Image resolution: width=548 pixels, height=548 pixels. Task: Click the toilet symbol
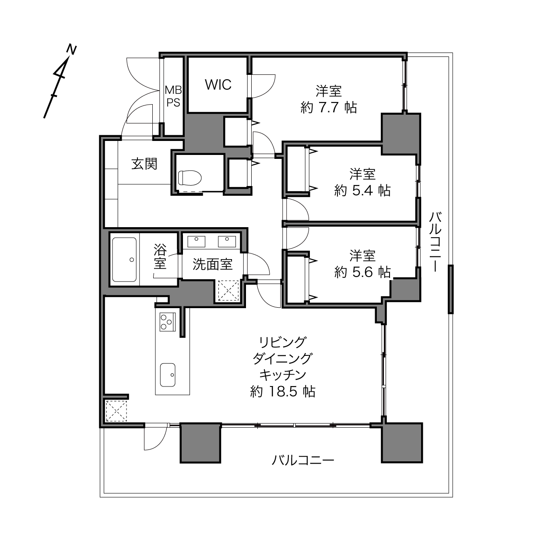tap(190, 178)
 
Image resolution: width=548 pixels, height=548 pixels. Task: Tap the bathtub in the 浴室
tap(124, 260)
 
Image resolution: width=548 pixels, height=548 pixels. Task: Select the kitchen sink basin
tap(168, 375)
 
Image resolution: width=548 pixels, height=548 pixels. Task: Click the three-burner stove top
tap(168, 322)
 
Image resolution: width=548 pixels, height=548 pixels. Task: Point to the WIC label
tap(218, 84)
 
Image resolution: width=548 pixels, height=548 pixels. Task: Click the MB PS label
tap(173, 96)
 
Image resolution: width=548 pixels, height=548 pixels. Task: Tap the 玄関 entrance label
tap(144, 164)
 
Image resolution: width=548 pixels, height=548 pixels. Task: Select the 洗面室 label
tap(213, 264)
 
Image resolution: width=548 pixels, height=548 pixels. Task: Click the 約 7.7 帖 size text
tap(328, 108)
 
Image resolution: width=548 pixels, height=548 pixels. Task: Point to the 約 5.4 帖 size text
tap(362, 190)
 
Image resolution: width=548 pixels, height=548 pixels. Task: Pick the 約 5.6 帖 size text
tap(362, 272)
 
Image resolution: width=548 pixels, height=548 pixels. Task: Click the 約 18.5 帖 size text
tap(283, 392)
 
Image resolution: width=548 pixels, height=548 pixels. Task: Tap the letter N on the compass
tap(71, 49)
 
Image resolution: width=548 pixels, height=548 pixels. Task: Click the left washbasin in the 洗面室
tap(196, 241)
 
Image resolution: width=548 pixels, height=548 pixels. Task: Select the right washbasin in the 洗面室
tap(227, 241)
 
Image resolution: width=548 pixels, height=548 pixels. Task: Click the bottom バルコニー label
tap(302, 460)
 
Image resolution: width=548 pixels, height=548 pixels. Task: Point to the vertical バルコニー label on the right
tap(435, 242)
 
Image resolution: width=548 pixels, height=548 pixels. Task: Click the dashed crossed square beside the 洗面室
tap(228, 290)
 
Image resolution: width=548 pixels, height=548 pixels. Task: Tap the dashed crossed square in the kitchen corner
tap(116, 411)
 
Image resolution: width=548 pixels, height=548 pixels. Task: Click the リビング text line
tap(283, 342)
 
